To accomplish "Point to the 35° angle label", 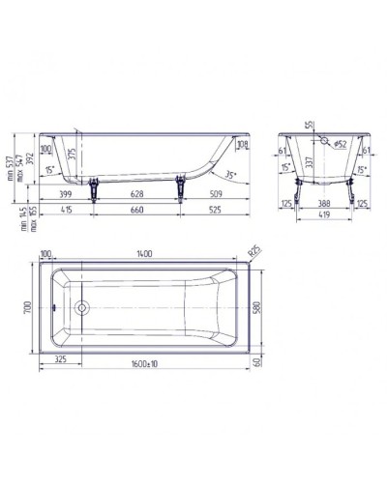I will (233, 175).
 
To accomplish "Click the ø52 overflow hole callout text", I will (342, 143).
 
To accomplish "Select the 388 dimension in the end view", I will (324, 205).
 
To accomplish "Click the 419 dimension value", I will (324, 221).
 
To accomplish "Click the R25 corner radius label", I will (254, 252).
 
